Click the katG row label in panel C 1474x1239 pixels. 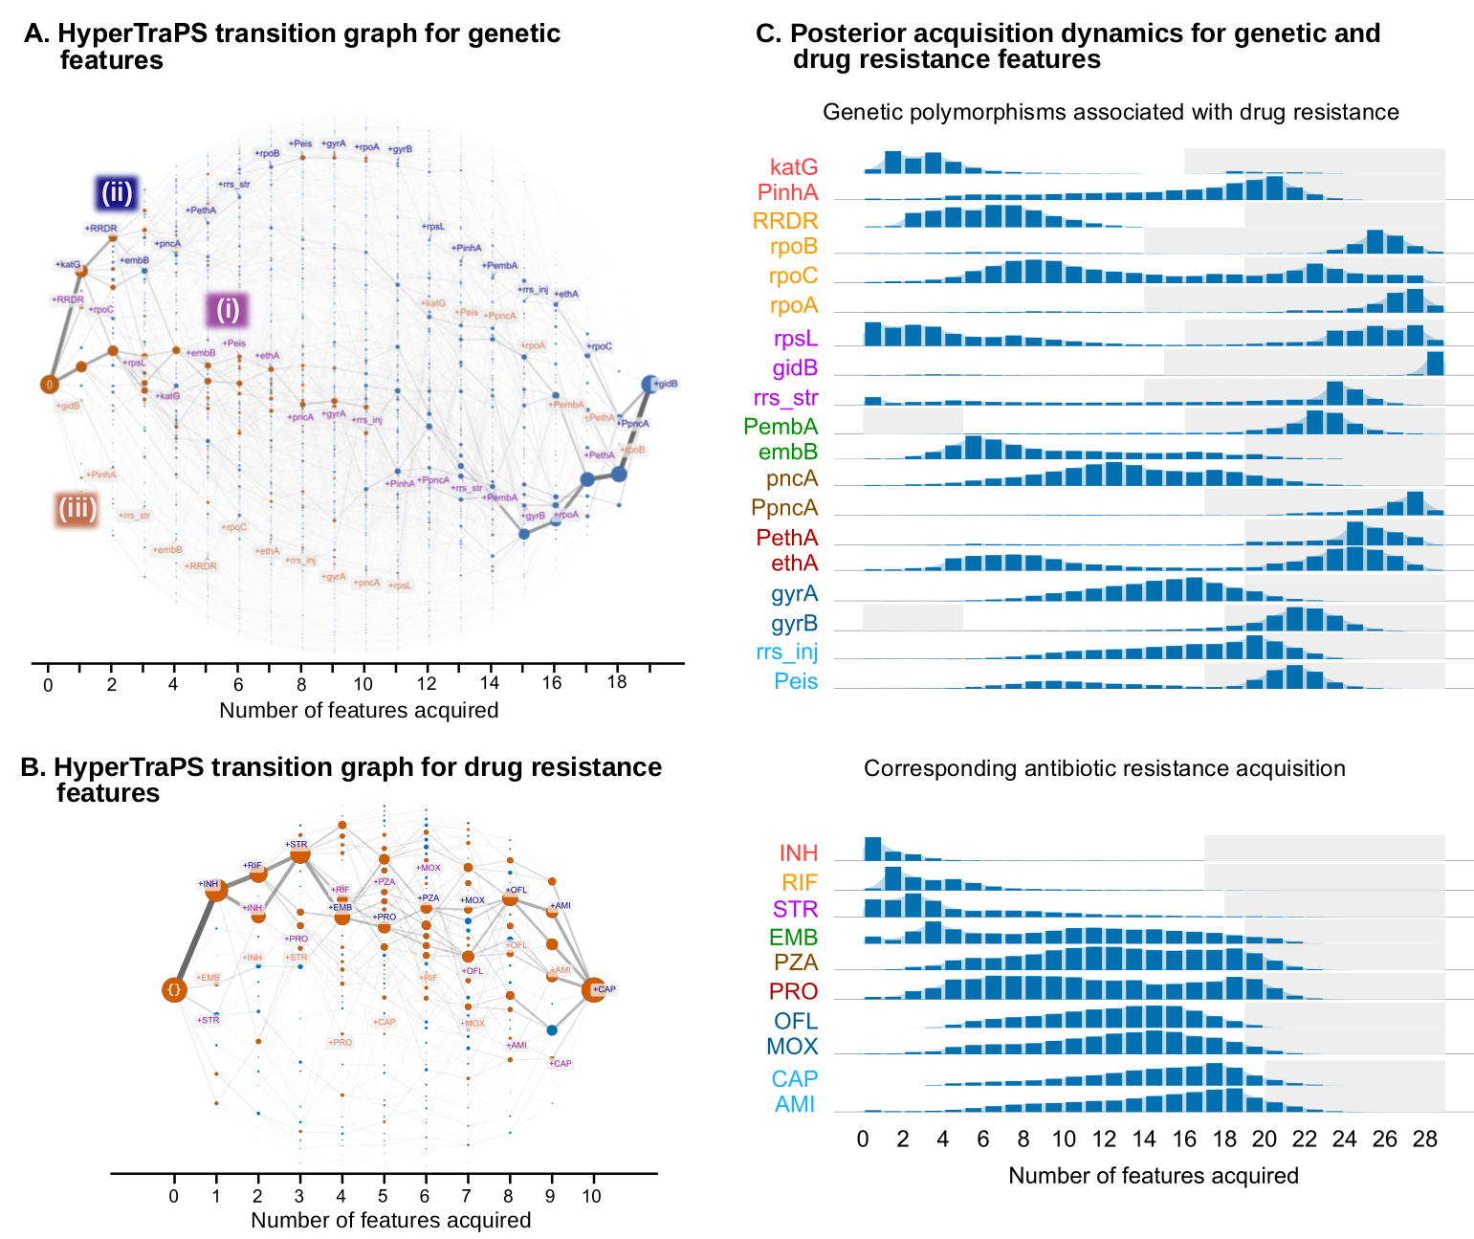(x=793, y=167)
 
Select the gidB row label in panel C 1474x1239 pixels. (x=794, y=368)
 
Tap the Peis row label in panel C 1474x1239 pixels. (x=796, y=681)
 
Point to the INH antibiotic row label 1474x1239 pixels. (x=798, y=853)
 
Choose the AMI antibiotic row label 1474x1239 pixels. (x=795, y=1104)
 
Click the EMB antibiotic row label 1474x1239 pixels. (x=793, y=938)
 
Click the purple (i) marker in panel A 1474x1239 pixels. (x=227, y=310)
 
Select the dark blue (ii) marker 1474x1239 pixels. (x=117, y=193)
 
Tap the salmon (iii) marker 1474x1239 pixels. (x=77, y=508)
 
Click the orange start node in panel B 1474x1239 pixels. (x=173, y=990)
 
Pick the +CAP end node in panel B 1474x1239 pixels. (x=593, y=989)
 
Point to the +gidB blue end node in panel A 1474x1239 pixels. (x=650, y=384)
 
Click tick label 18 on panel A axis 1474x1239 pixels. (x=617, y=683)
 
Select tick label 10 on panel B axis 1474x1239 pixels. (x=592, y=1196)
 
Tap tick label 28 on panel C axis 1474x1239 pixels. (x=1424, y=1139)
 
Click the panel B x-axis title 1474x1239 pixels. (x=390, y=1220)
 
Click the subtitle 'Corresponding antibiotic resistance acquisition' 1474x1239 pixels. (x=1104, y=768)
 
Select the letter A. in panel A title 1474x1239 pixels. (x=35, y=33)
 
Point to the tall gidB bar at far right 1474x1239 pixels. (x=1434, y=364)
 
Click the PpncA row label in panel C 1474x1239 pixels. (x=784, y=508)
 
